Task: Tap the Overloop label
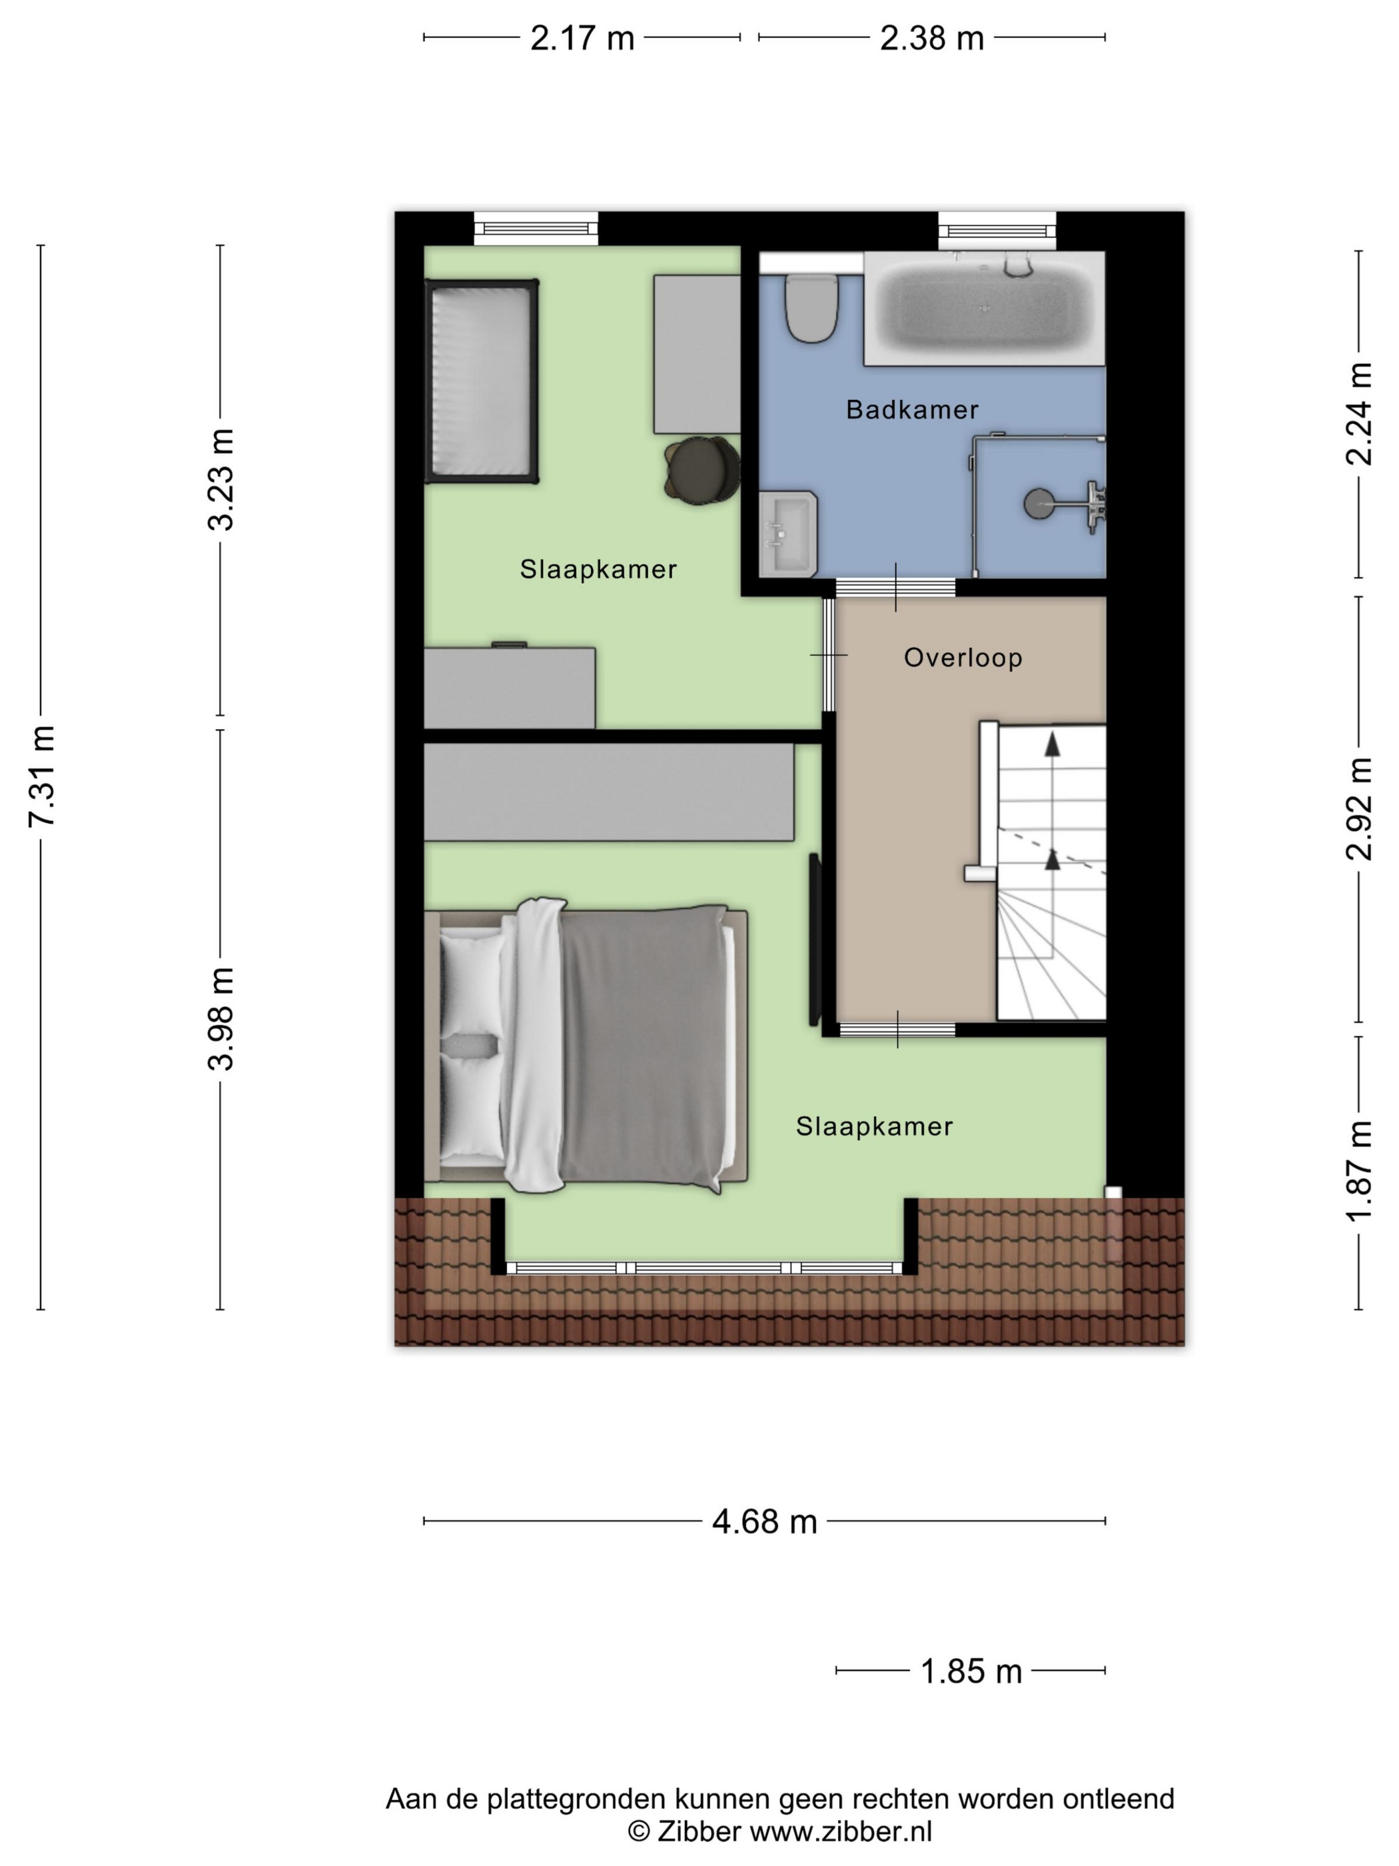(963, 657)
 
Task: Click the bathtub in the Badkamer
(984, 309)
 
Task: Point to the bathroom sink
(787, 534)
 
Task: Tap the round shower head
(1038, 504)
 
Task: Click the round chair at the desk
(701, 470)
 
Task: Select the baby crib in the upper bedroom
(482, 381)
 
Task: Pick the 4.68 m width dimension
(764, 1521)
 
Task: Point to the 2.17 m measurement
(582, 38)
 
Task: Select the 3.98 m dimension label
(221, 1019)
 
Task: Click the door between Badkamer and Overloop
(895, 587)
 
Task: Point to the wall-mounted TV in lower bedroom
(815, 939)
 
